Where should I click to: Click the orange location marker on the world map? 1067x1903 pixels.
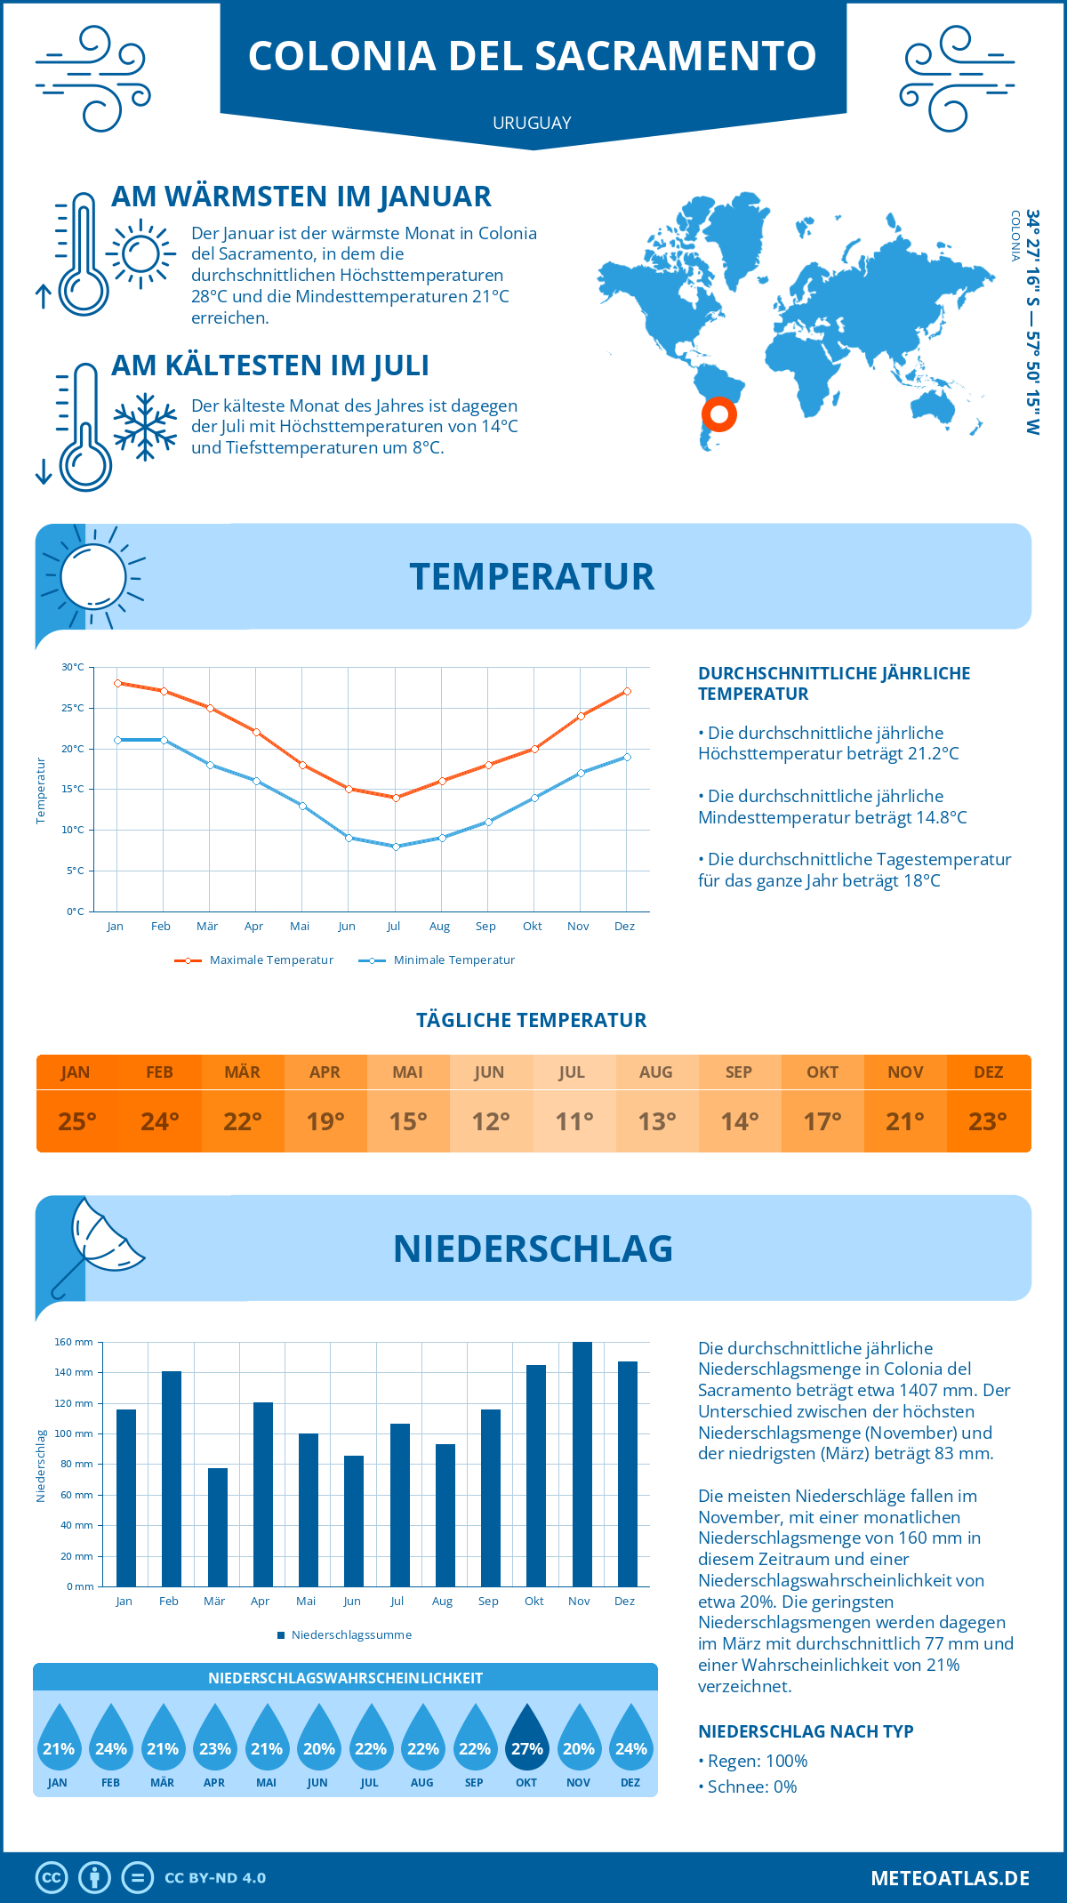tap(718, 414)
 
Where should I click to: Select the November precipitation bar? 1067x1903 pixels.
tap(582, 1465)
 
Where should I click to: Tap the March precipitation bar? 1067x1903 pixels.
tap(217, 1527)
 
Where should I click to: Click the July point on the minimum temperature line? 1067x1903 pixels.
tap(396, 847)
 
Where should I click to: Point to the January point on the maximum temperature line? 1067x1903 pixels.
tap(117, 683)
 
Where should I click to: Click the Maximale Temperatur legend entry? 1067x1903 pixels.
tap(254, 960)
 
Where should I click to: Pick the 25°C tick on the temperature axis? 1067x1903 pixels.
tap(73, 708)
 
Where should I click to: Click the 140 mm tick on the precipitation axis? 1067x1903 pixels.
tap(74, 1372)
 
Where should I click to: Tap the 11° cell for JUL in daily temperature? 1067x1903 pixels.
tap(574, 1121)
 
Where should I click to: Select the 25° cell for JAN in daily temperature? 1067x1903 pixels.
tap(76, 1121)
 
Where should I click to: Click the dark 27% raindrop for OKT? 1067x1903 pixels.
tap(526, 1738)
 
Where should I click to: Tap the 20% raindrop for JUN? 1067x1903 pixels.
tap(318, 1738)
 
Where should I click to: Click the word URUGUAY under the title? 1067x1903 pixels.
tap(532, 123)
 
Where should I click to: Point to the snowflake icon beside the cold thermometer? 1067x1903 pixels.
tap(145, 426)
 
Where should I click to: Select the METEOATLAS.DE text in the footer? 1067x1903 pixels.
tap(950, 1878)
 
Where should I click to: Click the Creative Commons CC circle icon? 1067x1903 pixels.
tap(52, 1878)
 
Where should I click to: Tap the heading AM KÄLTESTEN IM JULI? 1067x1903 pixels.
tap(269, 365)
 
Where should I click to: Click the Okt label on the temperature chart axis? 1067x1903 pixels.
tap(532, 927)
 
